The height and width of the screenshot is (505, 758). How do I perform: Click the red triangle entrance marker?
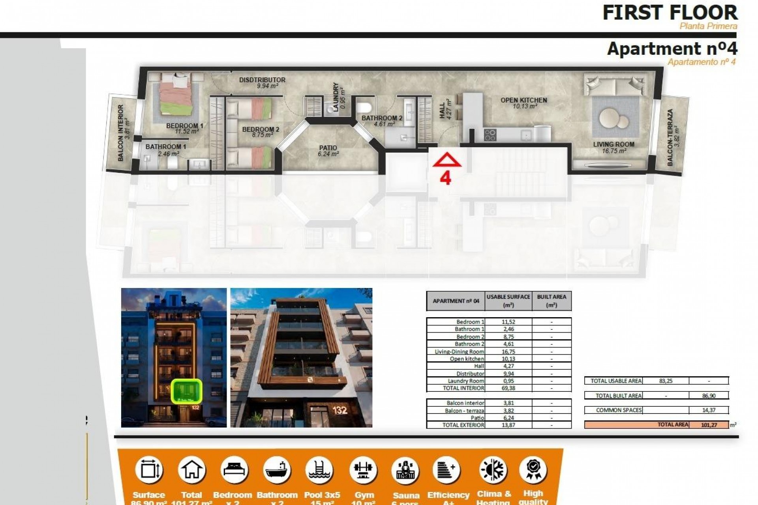[447, 160]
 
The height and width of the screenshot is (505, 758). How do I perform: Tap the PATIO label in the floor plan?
[328, 148]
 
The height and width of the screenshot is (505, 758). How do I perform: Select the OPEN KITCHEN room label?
[524, 100]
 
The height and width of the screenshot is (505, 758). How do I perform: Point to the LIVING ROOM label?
[614, 144]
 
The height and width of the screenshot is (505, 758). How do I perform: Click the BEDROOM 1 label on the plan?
[184, 126]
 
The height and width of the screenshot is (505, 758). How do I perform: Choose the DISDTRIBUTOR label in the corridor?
[262, 80]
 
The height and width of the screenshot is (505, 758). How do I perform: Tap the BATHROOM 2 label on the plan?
[382, 118]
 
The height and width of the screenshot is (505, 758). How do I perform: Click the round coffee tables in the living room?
[614, 118]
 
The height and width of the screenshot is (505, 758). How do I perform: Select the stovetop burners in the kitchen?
[490, 135]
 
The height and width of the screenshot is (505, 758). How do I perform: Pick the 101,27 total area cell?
[709, 425]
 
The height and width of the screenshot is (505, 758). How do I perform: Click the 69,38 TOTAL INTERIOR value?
[508, 388]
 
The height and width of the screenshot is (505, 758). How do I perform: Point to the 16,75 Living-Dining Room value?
[508, 352]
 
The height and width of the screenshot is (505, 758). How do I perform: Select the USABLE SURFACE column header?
[508, 301]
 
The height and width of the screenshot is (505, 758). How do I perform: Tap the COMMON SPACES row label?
[619, 410]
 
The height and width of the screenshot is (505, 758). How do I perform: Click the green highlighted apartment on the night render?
[187, 391]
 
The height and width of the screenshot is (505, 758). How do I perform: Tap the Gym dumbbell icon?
[363, 470]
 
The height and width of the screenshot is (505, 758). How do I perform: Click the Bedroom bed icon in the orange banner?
[234, 470]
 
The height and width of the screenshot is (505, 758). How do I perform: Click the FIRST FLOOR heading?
[670, 13]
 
